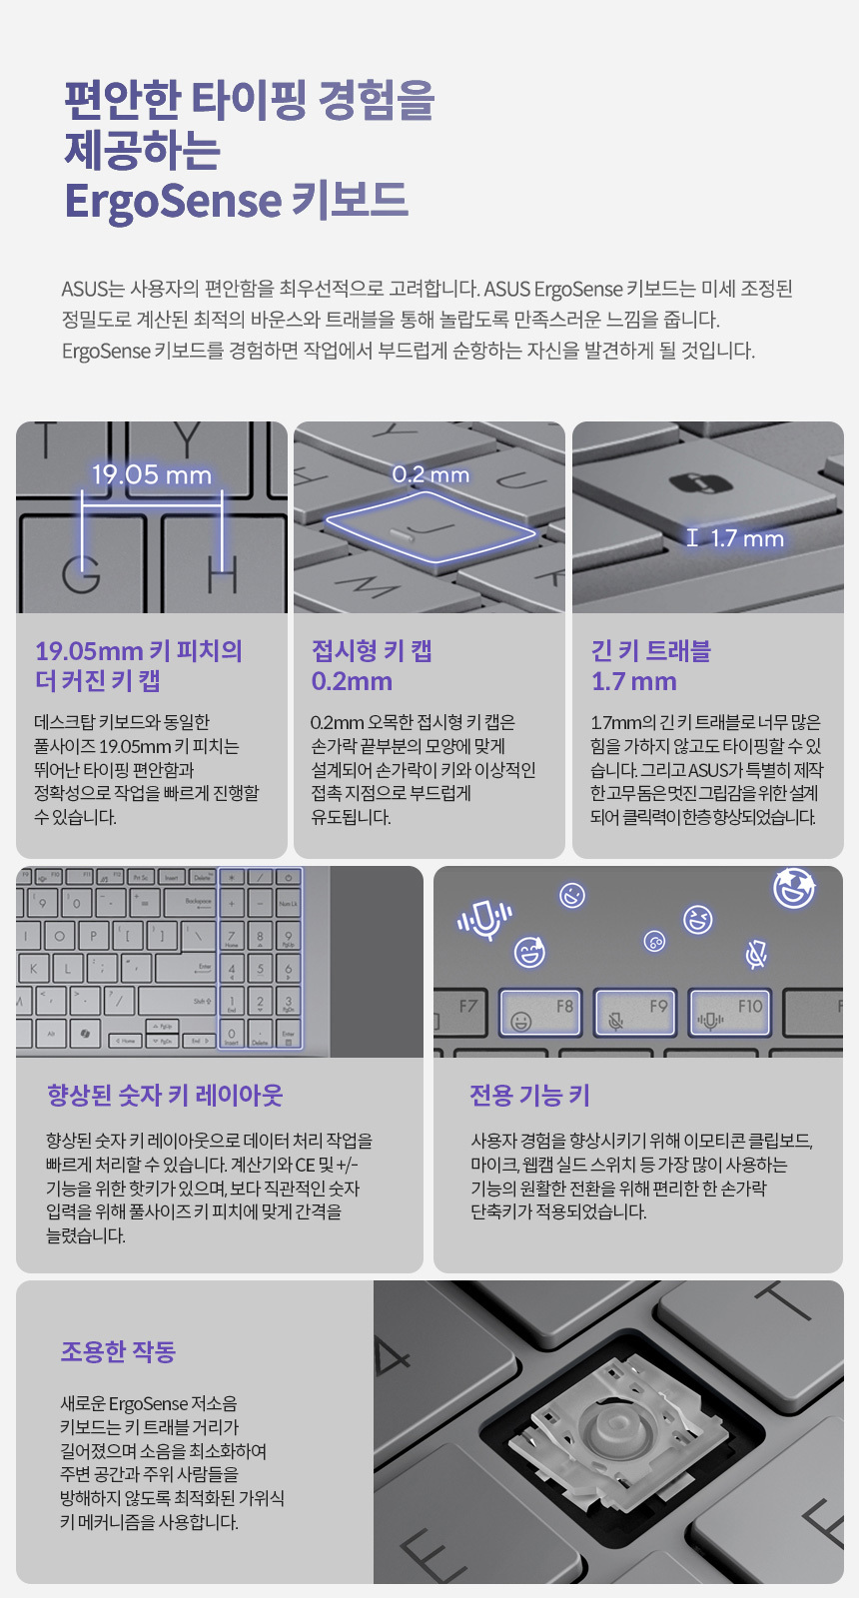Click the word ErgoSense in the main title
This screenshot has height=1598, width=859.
[x=173, y=201]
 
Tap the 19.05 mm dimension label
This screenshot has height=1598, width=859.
[x=152, y=475]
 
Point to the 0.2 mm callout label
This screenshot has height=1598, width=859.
[x=430, y=474]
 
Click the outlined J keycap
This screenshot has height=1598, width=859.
[x=430, y=527]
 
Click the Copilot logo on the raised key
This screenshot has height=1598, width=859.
[x=701, y=483]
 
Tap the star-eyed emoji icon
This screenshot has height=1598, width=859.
[x=794, y=888]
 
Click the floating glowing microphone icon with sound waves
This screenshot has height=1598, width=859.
[x=484, y=920]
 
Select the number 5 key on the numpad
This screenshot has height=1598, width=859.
[x=260, y=969]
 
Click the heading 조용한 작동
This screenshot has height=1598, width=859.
[x=119, y=1350]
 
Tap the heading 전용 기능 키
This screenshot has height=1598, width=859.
[x=529, y=1095]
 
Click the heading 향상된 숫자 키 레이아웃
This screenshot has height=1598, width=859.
[x=165, y=1095]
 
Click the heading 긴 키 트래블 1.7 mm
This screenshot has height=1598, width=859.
[x=650, y=665]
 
